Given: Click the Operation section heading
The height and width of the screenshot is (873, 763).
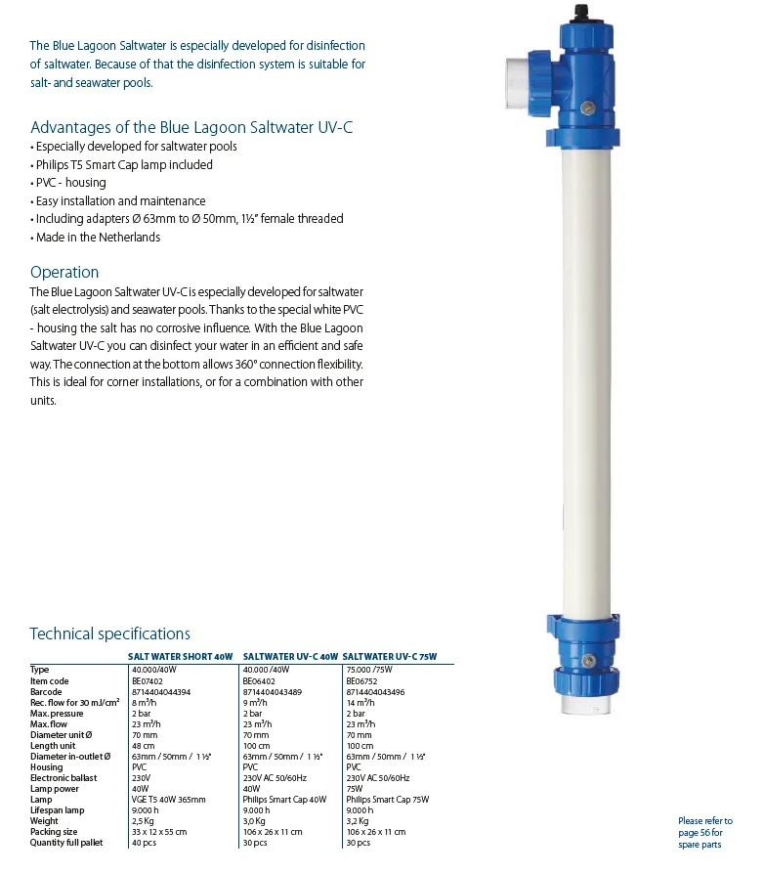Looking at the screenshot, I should [64, 273].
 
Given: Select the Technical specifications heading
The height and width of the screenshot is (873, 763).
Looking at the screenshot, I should [109, 633].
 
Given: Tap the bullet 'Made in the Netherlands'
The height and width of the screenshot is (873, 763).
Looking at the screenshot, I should [98, 237].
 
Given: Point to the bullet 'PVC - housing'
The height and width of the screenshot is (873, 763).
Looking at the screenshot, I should [70, 183].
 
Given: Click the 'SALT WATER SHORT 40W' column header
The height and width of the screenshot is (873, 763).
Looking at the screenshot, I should [181, 658].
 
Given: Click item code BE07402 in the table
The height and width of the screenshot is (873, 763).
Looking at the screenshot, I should [147, 681].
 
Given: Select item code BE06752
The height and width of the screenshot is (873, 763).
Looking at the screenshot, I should [361, 681].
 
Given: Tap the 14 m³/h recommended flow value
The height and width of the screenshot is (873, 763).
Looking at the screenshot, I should [360, 703].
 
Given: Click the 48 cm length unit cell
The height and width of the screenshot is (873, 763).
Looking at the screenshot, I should [143, 746].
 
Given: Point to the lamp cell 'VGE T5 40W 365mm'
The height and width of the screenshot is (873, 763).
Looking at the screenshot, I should [168, 800].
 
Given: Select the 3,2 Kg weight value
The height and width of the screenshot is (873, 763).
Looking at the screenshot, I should [359, 821].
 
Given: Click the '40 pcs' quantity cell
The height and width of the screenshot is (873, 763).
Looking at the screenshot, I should [144, 843].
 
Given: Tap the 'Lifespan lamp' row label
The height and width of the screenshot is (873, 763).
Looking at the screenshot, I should [57, 810].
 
